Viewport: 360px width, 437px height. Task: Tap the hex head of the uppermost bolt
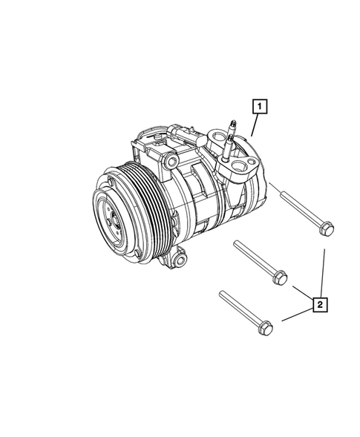tap(325, 229)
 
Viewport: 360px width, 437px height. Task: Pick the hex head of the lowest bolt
tap(266, 325)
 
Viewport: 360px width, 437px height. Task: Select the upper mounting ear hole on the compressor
tap(172, 161)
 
